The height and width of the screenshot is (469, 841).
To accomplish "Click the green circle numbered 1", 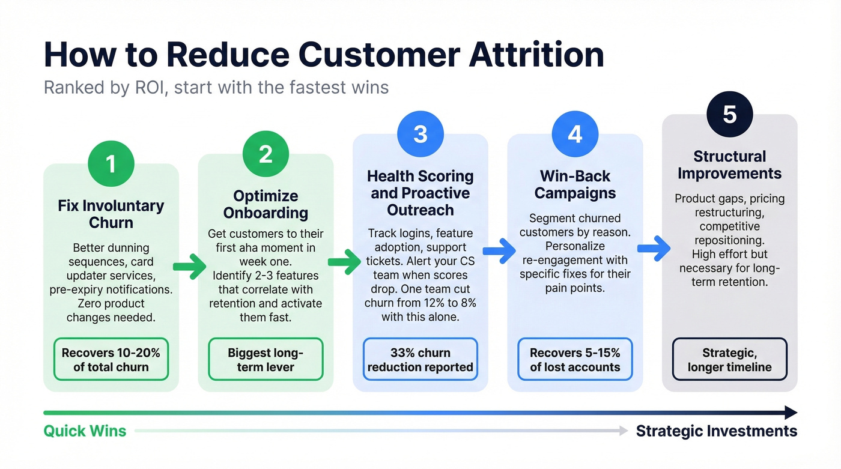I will [x=111, y=163].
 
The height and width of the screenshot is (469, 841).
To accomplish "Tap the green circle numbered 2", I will [x=266, y=154].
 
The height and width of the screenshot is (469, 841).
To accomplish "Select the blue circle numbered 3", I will [x=421, y=134].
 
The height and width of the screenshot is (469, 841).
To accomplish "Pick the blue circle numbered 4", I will [x=575, y=134].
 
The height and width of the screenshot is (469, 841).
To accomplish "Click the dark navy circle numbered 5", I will [x=729, y=114].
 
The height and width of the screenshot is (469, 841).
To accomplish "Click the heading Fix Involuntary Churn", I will [x=111, y=214].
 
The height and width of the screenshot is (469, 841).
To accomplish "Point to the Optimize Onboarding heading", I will [x=266, y=204].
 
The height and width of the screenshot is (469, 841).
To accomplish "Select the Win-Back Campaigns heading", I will [x=575, y=184].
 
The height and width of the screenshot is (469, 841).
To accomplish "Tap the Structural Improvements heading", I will [x=729, y=165].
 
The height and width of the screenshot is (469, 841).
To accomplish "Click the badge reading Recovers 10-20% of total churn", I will [x=111, y=359].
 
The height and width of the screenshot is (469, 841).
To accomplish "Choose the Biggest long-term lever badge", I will [x=266, y=359].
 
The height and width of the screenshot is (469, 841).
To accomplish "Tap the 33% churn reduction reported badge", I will [x=421, y=359].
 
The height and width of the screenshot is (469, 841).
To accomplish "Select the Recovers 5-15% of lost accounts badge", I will [x=575, y=359].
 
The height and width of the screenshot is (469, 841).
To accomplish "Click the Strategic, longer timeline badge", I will [x=729, y=359].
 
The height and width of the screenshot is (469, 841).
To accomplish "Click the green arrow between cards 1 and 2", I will [x=189, y=267].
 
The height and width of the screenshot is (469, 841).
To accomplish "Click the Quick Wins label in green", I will [x=85, y=431].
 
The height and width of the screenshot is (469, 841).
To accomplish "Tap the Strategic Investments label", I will [x=716, y=431].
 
